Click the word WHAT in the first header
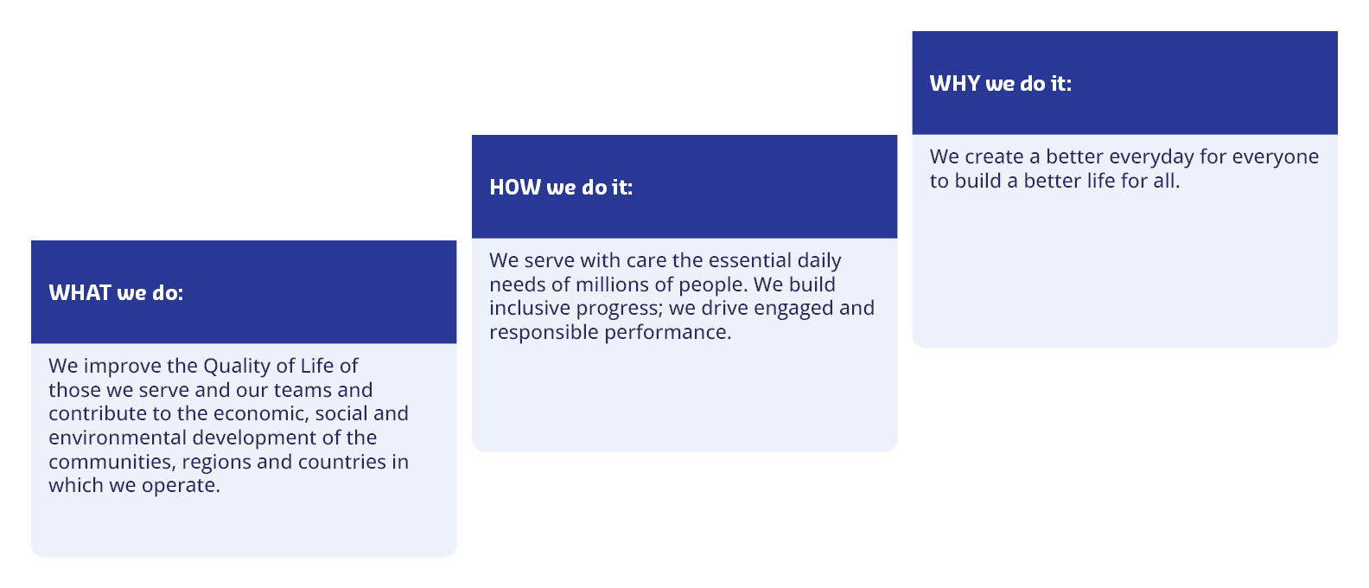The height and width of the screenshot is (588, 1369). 80,293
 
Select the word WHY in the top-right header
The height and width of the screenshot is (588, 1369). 955,83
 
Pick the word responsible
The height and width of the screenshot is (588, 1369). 544,333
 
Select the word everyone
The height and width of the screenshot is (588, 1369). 1276,157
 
